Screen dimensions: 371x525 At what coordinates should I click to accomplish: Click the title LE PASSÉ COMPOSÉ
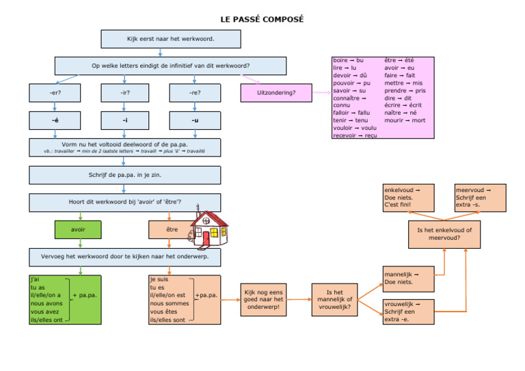262,19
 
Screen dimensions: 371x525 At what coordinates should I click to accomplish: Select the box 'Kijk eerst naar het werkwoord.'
170,39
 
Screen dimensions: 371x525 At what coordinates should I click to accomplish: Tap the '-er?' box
55,93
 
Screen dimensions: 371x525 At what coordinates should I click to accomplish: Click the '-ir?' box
124,93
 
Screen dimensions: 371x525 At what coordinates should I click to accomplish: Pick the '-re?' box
195,93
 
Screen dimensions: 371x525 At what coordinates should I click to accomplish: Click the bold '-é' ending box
55,120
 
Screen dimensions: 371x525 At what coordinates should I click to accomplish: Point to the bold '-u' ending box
195,120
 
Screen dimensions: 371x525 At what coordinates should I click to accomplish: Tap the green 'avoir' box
78,230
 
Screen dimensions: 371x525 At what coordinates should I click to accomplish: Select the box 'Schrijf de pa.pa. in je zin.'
124,176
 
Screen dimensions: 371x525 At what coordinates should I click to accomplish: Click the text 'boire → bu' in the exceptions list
349,61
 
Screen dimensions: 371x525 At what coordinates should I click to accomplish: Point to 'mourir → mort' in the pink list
405,120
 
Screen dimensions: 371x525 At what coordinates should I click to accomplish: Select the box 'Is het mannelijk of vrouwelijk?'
335,299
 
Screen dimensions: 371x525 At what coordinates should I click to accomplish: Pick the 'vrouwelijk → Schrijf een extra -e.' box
408,312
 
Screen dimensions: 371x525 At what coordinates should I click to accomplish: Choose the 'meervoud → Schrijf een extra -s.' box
481,197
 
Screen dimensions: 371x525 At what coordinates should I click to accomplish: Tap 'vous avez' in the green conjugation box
45,312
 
